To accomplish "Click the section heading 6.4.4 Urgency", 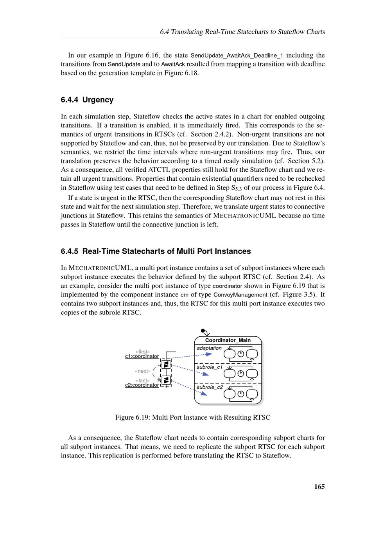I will (x=87, y=100).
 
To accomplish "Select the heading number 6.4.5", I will (x=70, y=251).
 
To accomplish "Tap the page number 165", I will (x=319, y=487).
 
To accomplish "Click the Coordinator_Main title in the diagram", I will (x=228, y=340).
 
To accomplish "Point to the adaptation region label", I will (x=209, y=348).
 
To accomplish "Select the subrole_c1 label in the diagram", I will (x=210, y=367).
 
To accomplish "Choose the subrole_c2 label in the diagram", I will (x=210, y=387).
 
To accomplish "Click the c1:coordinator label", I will (x=142, y=356).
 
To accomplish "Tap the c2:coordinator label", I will (x=142, y=385).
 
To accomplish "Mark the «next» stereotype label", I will (x=143, y=371).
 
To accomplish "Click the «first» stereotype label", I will (x=143, y=352).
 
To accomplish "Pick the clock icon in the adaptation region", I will (x=241, y=354).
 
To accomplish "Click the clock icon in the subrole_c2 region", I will (x=241, y=393).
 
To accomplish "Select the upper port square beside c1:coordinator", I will (x=166, y=364).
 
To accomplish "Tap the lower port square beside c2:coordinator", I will (x=166, y=380).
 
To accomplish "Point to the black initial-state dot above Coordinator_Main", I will (x=203, y=330).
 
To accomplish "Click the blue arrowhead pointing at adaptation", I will (x=209, y=354).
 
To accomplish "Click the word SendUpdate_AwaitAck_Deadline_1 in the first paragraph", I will (x=237, y=56).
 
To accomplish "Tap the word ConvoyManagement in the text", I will (x=240, y=294).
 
